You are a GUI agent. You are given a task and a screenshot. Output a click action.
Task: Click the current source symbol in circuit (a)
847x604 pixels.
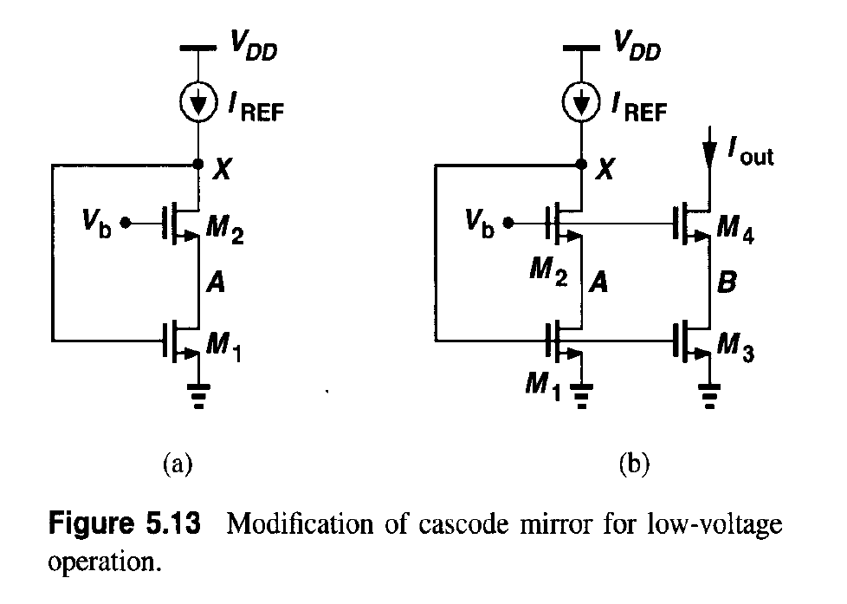[199, 105]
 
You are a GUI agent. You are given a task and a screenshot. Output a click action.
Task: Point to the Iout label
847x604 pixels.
[750, 155]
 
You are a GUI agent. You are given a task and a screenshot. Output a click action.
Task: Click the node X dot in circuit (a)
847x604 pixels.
[199, 163]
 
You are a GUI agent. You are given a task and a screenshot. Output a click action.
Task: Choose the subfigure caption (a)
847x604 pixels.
[178, 465]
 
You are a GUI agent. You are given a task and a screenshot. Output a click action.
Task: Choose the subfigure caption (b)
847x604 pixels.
[635, 465]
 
